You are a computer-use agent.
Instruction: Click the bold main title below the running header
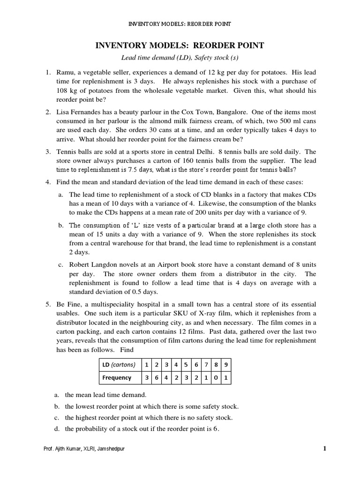tap(180, 45)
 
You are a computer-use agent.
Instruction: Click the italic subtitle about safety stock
tap(180, 57)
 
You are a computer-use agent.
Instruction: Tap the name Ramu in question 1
tap(66, 73)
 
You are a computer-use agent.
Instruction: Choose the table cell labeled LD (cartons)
tap(118, 365)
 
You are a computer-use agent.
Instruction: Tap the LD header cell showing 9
tap(226, 365)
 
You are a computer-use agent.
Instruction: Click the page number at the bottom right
tap(324, 449)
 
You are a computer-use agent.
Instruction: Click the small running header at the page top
tap(180, 24)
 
